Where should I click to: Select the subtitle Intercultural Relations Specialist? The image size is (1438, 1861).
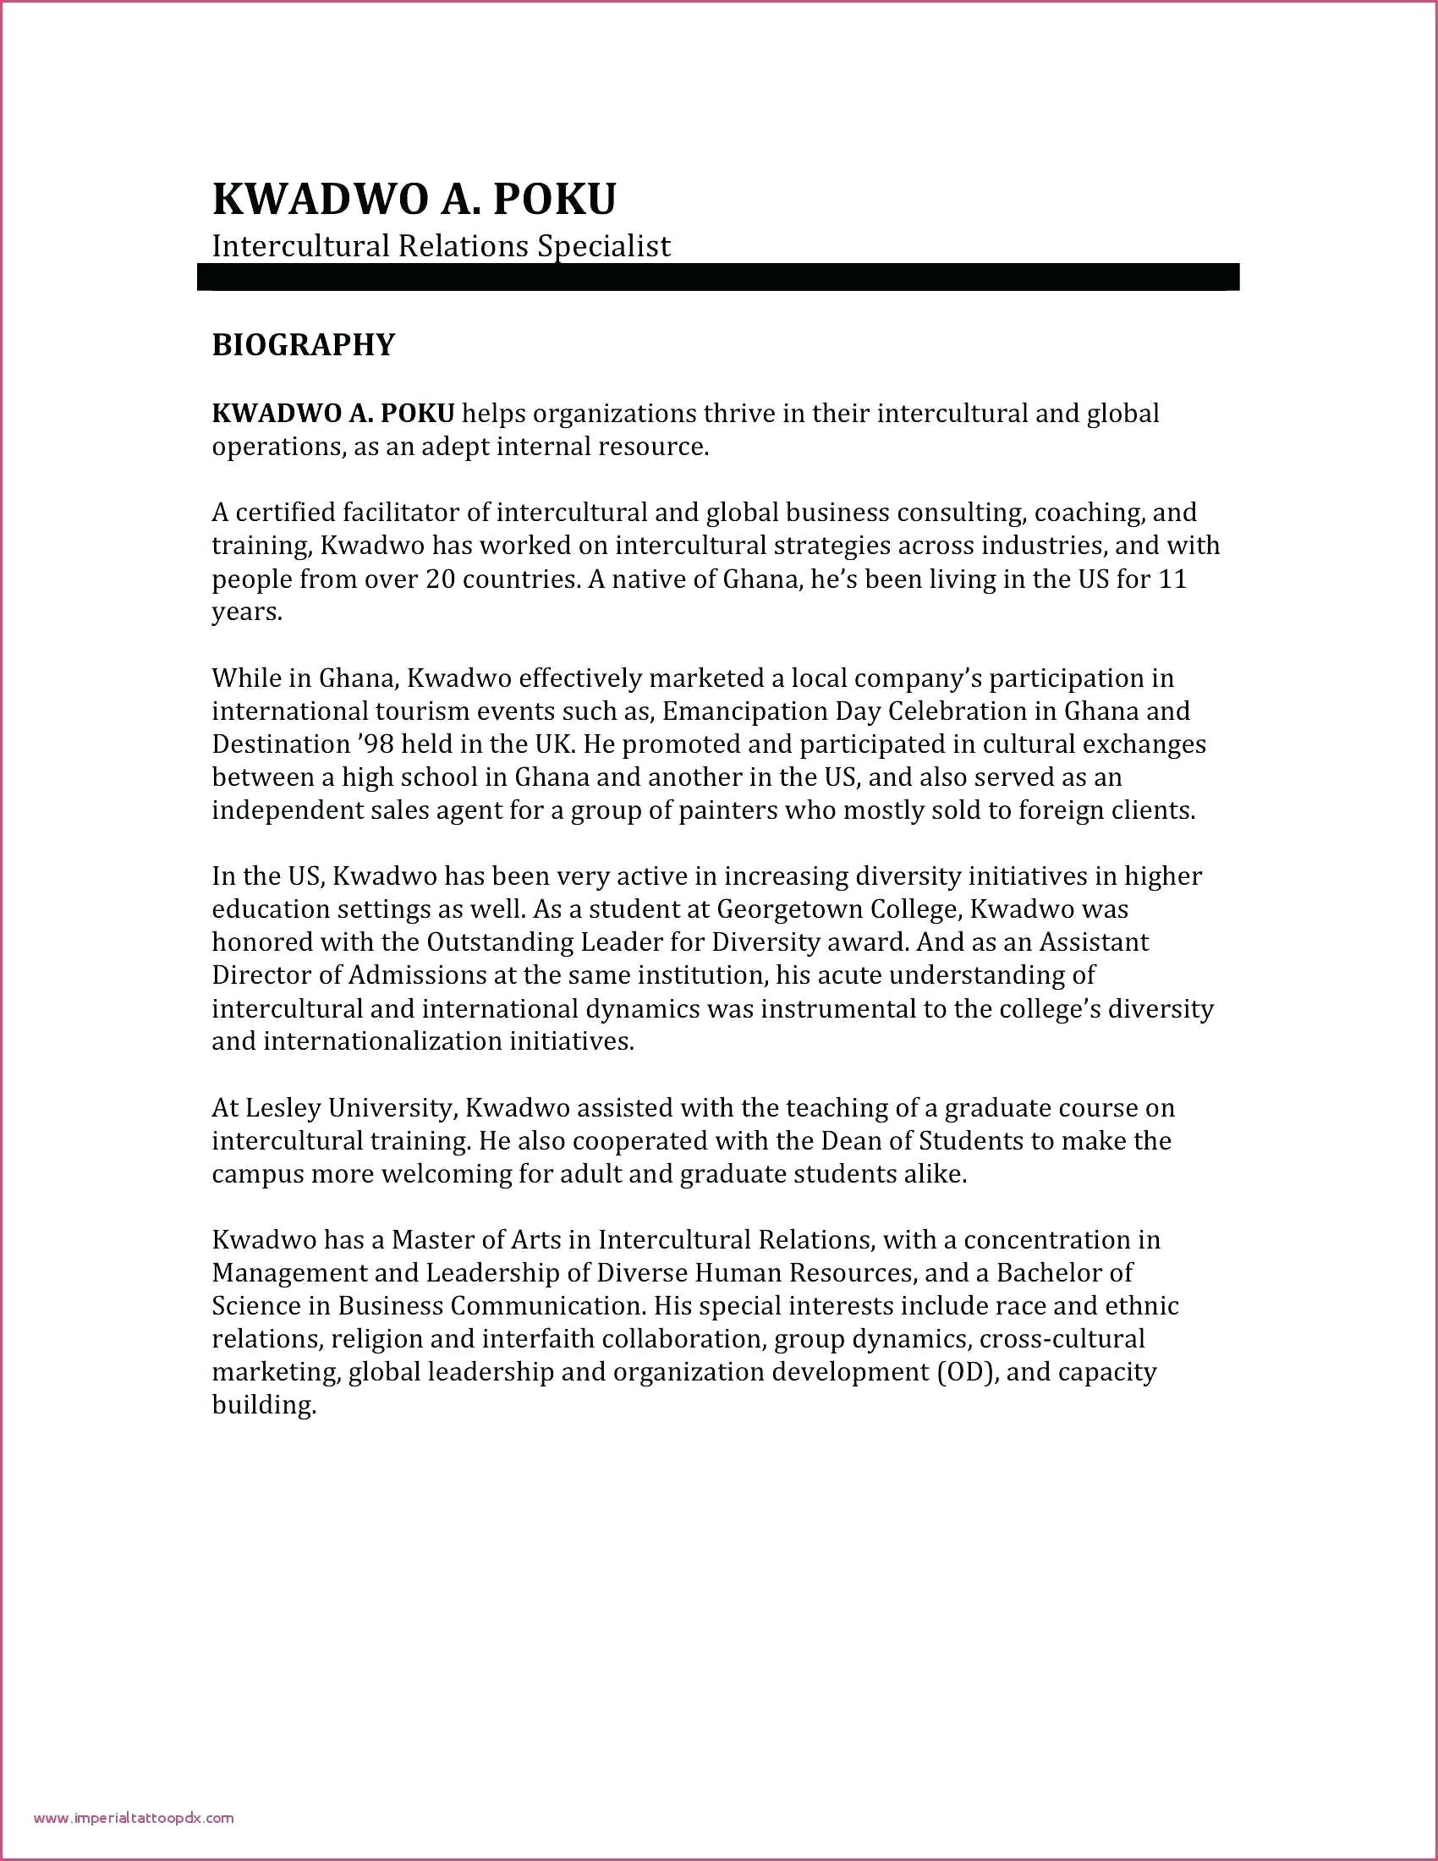click(442, 246)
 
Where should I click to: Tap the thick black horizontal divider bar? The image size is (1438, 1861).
click(718, 277)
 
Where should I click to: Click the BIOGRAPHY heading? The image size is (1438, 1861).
click(304, 345)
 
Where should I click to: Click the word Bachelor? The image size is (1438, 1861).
click(1048, 1273)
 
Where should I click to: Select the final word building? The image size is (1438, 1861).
click(264, 1405)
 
